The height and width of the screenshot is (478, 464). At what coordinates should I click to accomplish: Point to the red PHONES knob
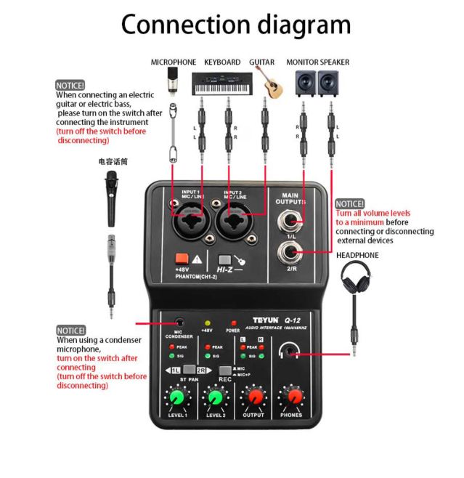[293, 397]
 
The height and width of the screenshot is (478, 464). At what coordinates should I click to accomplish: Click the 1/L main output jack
[294, 218]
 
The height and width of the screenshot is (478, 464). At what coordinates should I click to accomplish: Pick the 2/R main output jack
[293, 252]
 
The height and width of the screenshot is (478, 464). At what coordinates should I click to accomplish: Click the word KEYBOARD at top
[221, 62]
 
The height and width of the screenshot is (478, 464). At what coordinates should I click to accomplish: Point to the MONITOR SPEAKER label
[317, 62]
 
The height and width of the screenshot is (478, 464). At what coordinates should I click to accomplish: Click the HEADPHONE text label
[357, 256]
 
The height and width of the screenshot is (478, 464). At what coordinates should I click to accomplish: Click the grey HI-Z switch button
[225, 260]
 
